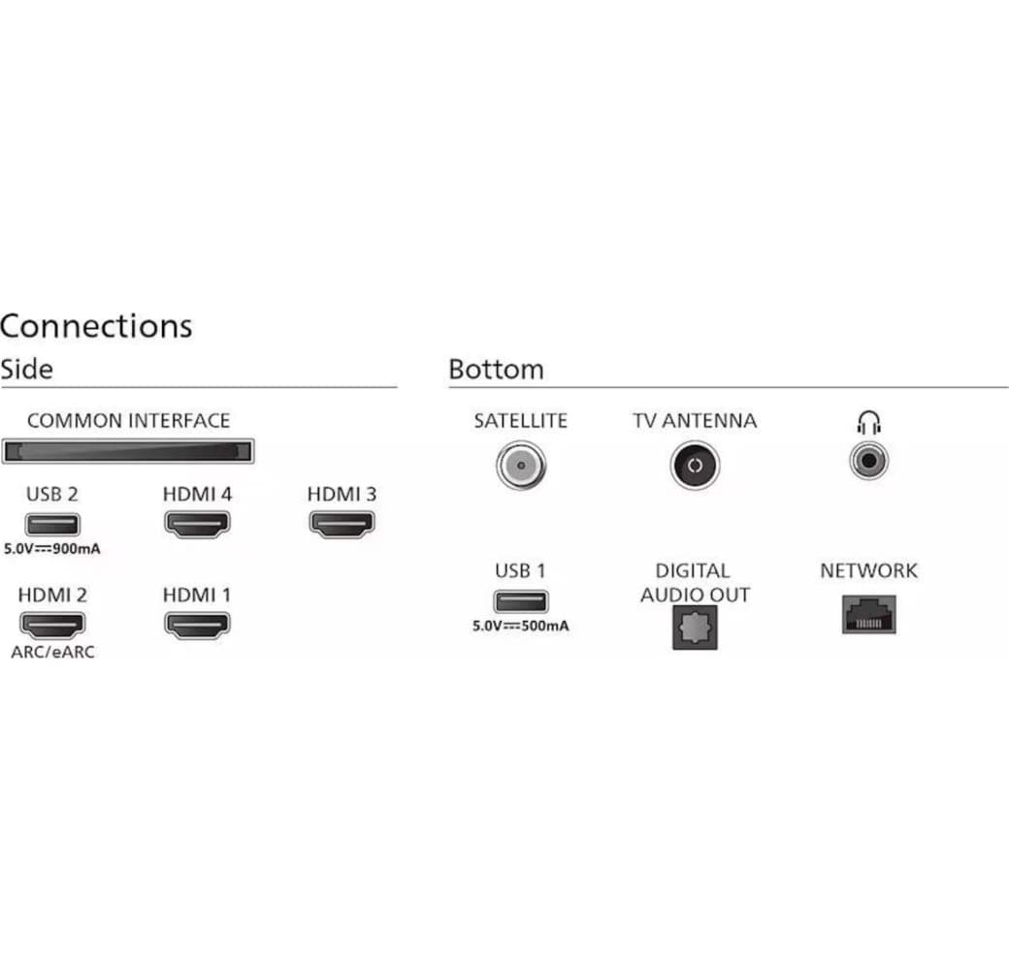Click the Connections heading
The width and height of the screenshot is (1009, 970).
(96, 326)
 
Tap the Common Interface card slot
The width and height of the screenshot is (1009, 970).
(128, 451)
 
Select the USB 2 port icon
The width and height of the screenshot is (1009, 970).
(51, 525)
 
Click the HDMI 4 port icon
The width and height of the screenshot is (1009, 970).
(197, 525)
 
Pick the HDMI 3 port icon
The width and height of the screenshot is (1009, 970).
(342, 525)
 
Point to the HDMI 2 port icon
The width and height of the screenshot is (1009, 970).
(51, 626)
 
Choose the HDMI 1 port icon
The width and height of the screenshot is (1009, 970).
(197, 626)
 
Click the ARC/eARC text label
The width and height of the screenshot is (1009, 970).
(53, 653)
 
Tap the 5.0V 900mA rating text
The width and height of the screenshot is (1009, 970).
(52, 549)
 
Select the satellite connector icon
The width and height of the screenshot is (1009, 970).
(521, 466)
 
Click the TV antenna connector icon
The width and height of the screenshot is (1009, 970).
(694, 466)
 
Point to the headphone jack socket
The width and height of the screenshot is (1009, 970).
(869, 459)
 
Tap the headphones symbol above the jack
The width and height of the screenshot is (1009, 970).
(868, 422)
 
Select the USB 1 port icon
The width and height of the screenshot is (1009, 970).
(520, 601)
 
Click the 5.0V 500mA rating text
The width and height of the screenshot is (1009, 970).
(521, 626)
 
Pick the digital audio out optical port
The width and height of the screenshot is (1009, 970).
(695, 628)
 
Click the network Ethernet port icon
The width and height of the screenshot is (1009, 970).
(868, 614)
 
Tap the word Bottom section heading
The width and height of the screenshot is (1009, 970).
(496, 370)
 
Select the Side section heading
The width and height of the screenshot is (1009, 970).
(26, 370)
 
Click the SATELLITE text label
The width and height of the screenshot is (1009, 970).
(520, 421)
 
